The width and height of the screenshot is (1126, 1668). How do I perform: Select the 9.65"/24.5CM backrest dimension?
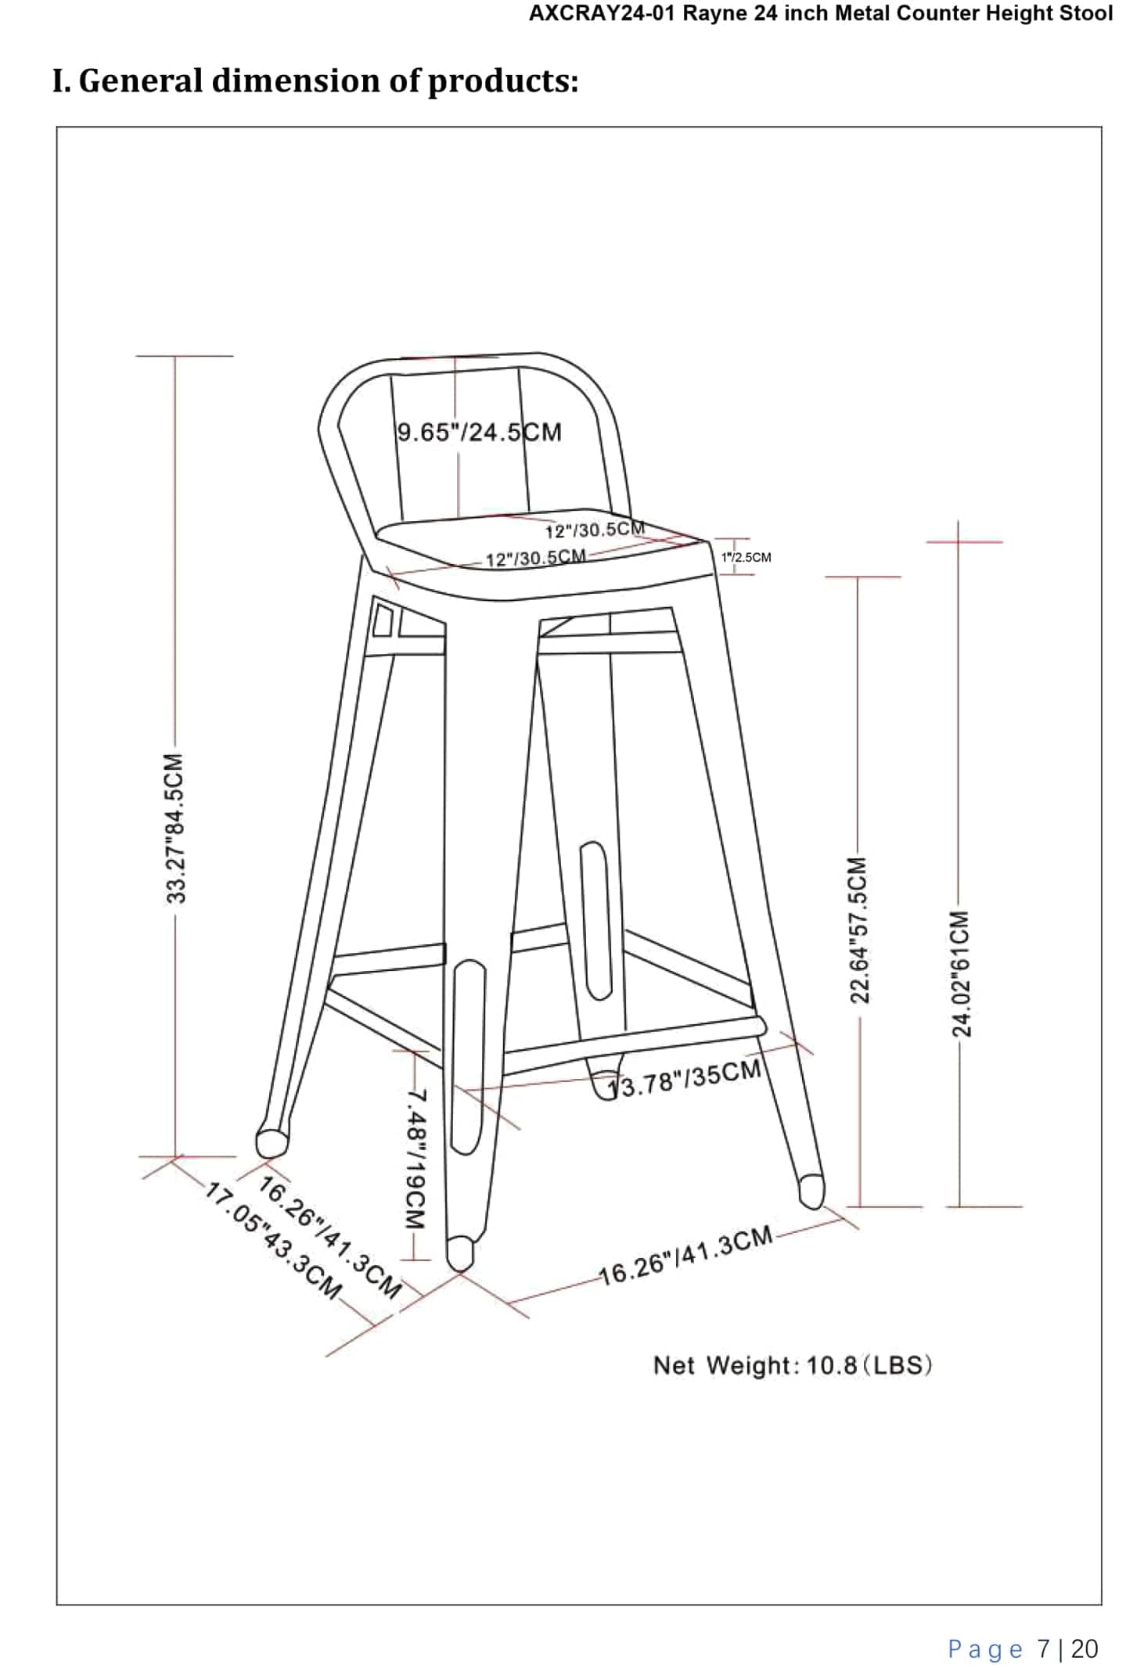point(479,432)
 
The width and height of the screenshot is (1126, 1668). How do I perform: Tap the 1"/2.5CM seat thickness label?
point(746,557)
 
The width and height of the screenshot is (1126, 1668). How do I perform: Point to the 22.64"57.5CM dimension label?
point(858,929)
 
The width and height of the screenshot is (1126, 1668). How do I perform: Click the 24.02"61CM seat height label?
point(960,972)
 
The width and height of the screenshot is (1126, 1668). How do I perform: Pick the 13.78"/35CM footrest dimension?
point(685,1079)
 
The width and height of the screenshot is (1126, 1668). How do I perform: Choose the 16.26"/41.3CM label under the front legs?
point(685,1256)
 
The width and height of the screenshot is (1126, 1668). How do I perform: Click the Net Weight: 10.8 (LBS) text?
point(792,1366)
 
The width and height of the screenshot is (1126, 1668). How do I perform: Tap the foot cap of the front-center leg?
point(460,1252)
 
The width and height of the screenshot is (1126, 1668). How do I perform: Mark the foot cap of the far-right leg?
point(811,1191)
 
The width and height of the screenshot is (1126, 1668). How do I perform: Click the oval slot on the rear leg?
point(595,920)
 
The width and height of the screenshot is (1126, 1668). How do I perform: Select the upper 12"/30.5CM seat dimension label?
point(595,530)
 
